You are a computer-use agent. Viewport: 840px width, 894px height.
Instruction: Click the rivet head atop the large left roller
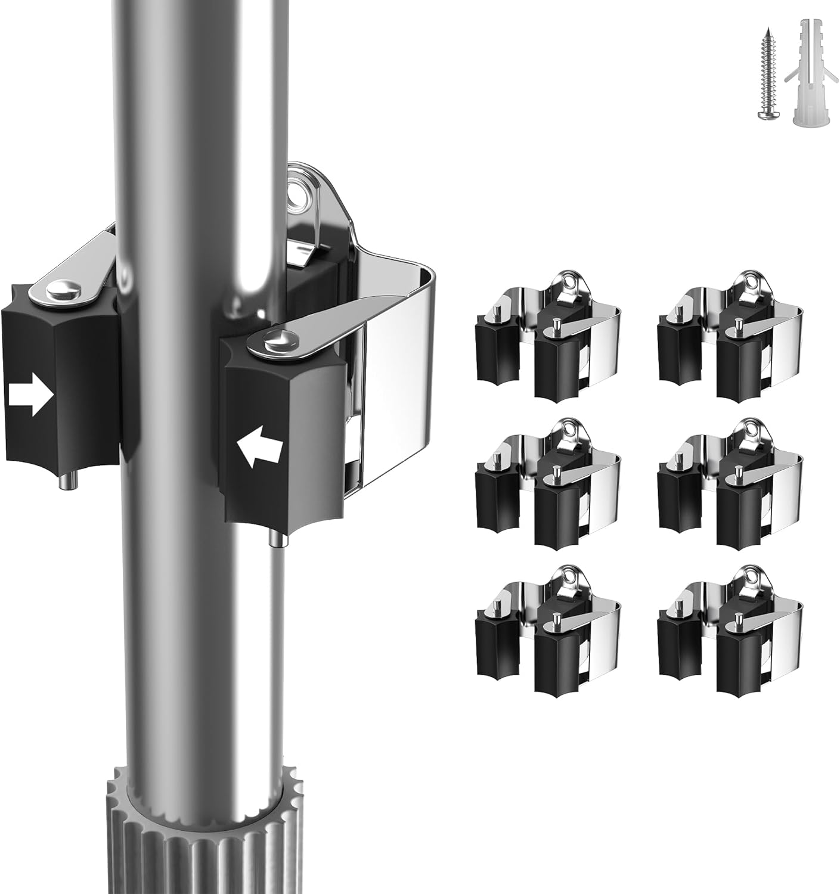point(64,290)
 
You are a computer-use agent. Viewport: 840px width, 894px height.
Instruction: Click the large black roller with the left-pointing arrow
point(280,441)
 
